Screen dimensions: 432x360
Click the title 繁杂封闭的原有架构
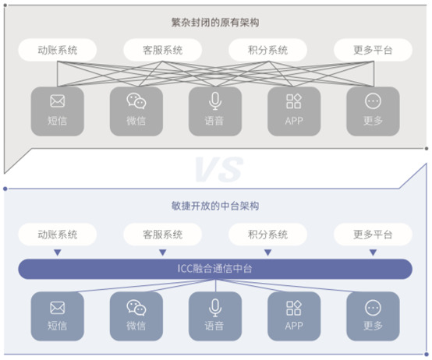215,23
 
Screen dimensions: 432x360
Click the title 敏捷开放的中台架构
215,206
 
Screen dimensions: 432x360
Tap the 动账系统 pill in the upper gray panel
57,50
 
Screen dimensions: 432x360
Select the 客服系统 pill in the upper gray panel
162,50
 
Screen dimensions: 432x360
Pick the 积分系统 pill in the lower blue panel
267,235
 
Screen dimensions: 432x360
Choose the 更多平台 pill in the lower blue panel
373,235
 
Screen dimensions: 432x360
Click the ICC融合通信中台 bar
215,269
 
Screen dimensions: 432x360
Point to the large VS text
219,169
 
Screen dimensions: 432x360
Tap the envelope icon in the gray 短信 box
57,101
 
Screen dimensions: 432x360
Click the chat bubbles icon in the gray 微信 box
136,101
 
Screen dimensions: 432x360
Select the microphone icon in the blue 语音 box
215,308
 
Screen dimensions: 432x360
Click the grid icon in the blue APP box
294,308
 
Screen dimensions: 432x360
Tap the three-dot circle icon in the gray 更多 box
373,101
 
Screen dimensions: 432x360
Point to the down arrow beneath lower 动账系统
57,252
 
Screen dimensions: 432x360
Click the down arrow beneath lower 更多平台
373,252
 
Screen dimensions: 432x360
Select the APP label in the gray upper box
294,121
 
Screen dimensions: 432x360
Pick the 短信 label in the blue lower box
57,326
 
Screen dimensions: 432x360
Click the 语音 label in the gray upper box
214,121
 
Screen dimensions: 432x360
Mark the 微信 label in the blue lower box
136,326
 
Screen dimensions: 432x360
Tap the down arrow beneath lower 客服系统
162,252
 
